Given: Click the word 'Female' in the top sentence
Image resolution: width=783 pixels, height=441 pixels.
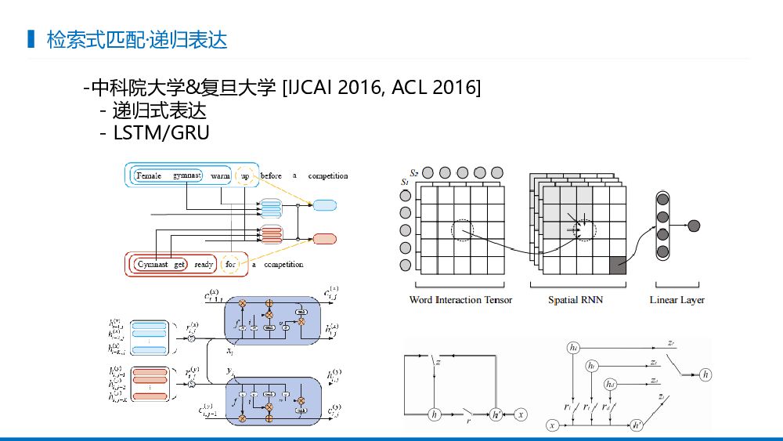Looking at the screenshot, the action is [x=149, y=176].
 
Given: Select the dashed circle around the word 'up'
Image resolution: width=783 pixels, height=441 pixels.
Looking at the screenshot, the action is [x=245, y=176].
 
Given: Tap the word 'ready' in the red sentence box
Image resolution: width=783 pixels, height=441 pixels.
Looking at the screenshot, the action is [x=204, y=265].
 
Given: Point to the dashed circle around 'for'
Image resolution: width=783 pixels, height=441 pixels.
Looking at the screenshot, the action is [x=230, y=265].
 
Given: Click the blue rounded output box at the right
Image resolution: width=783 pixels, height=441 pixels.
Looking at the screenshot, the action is [x=325, y=206].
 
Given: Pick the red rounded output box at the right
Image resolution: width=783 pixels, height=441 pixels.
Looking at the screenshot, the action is [x=325, y=239].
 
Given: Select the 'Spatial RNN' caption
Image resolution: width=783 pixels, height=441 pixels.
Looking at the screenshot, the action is [x=576, y=300].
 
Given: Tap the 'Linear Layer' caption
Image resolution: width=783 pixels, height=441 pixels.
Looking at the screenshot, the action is [x=677, y=300].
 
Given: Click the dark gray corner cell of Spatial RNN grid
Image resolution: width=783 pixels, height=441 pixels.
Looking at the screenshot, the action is [x=617, y=265].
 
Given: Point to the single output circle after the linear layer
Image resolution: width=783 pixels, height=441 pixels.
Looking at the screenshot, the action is [x=693, y=226].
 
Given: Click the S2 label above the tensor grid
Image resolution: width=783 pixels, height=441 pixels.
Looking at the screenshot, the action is [x=415, y=172].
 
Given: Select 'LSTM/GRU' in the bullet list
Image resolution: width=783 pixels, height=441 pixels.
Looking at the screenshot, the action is [x=161, y=133].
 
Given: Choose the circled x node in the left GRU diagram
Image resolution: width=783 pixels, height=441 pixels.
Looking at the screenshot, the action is [x=521, y=414].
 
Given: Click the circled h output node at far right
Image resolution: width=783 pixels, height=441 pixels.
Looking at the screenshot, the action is [x=706, y=374].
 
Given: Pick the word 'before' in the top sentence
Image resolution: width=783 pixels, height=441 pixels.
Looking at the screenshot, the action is [x=271, y=176].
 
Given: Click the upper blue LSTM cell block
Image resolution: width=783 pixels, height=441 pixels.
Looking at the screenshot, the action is [x=272, y=318].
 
